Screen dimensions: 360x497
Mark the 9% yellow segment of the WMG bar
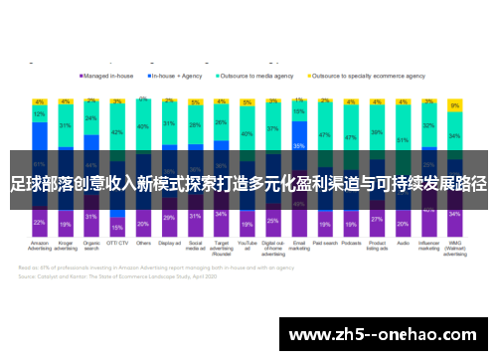454,105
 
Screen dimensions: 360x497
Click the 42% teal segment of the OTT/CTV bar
117,132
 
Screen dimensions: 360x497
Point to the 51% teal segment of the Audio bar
403,139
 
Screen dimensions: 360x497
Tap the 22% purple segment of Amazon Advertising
39,222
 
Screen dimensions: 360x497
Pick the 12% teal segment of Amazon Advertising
39,114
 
